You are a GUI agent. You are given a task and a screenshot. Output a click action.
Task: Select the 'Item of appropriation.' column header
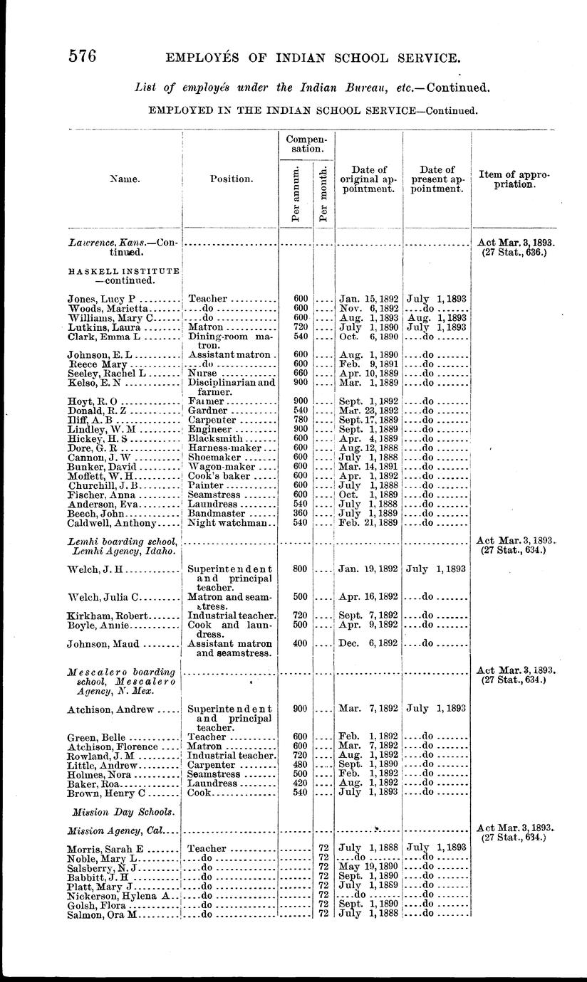pyautogui.click(x=514, y=179)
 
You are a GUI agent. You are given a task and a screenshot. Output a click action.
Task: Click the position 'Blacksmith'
pyautogui.click(x=216, y=439)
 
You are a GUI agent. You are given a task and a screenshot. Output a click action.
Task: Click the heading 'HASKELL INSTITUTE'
pyautogui.click(x=122, y=271)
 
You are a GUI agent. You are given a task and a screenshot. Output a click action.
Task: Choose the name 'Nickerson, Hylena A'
pyautogui.click(x=117, y=894)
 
